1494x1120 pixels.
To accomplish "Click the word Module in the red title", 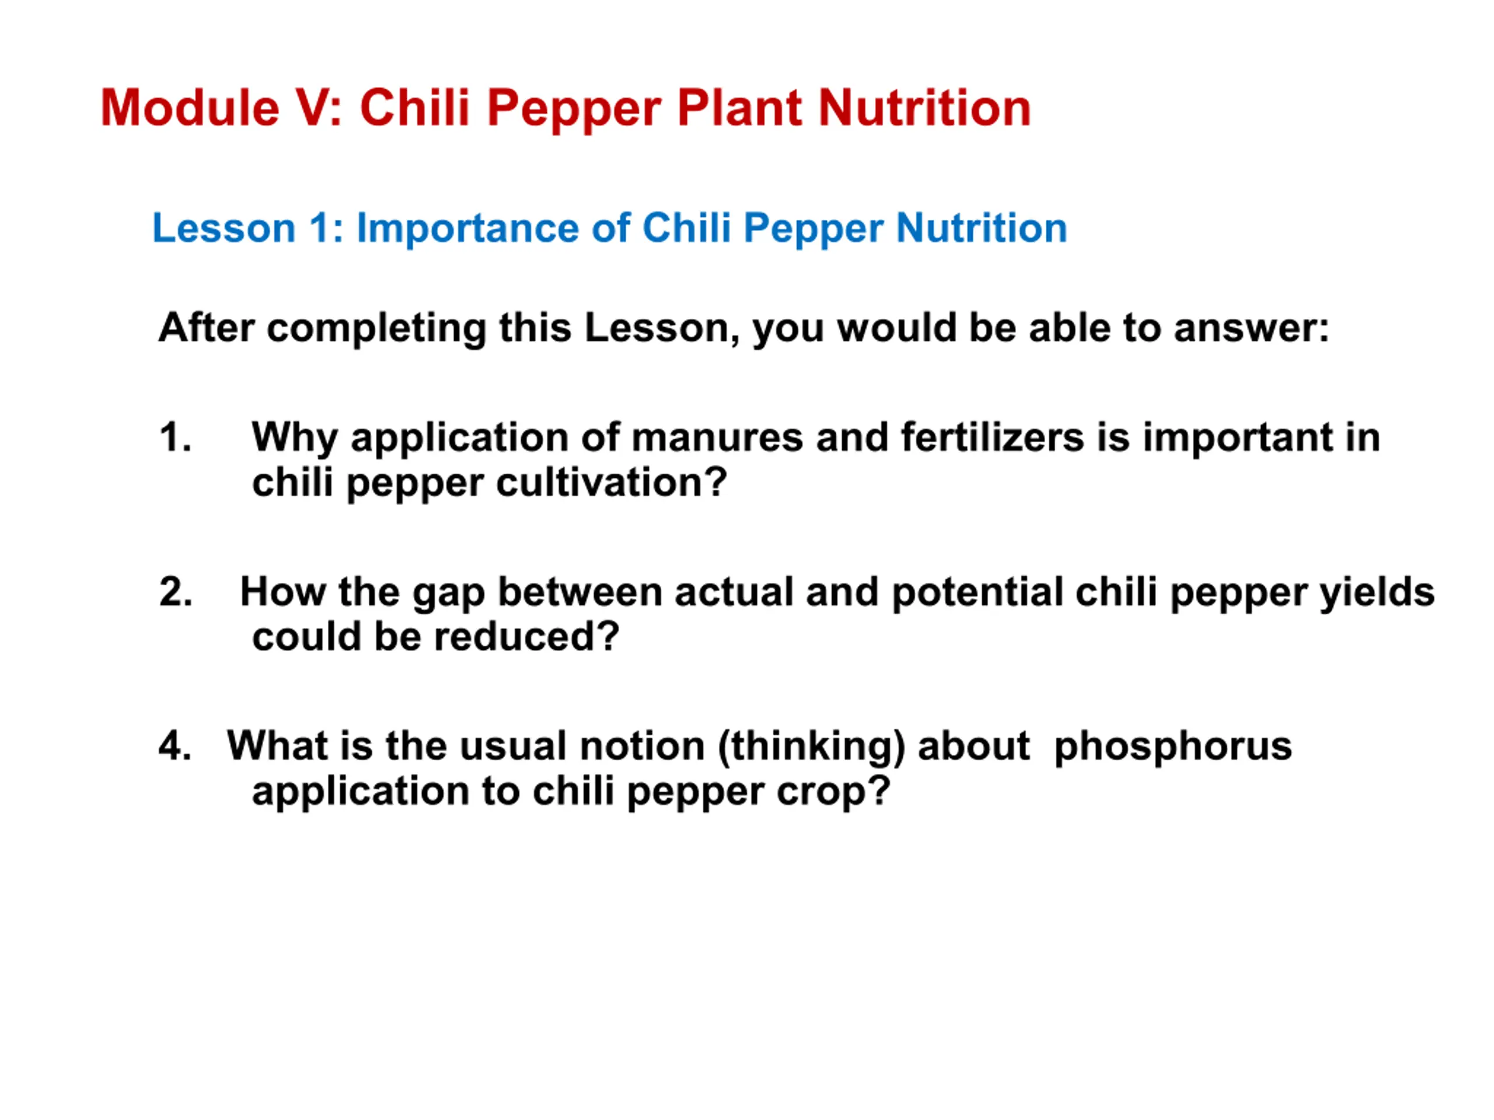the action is click(190, 107).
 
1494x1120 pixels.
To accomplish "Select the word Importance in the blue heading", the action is click(467, 228).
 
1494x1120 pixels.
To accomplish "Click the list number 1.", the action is click(176, 437).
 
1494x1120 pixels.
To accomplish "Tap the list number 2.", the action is click(176, 591).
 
